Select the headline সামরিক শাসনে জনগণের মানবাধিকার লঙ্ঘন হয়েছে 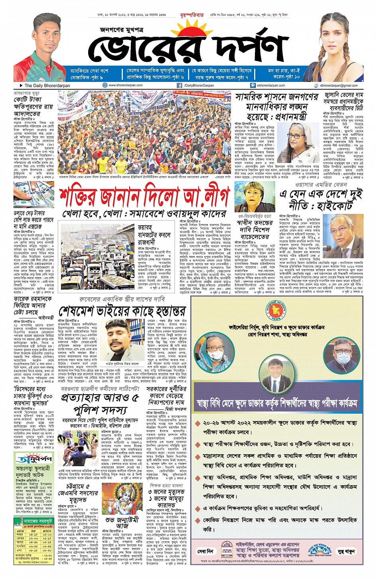coord(277,107)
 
